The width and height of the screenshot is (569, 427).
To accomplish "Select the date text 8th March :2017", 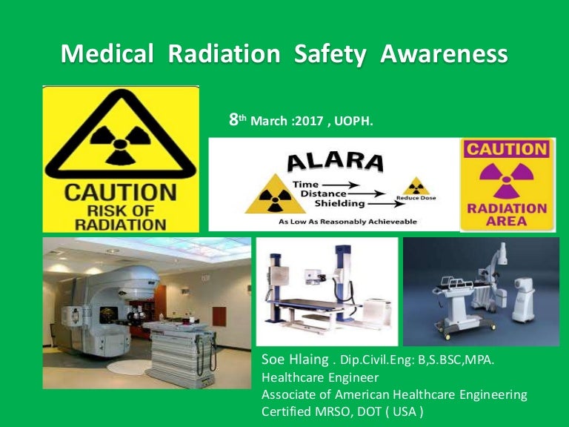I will click(275, 119).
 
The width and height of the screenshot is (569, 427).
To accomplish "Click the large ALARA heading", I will click(335, 162).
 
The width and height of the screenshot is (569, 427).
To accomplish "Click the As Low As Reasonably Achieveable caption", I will click(347, 221).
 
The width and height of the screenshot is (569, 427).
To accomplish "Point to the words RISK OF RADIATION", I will click(121, 214).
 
